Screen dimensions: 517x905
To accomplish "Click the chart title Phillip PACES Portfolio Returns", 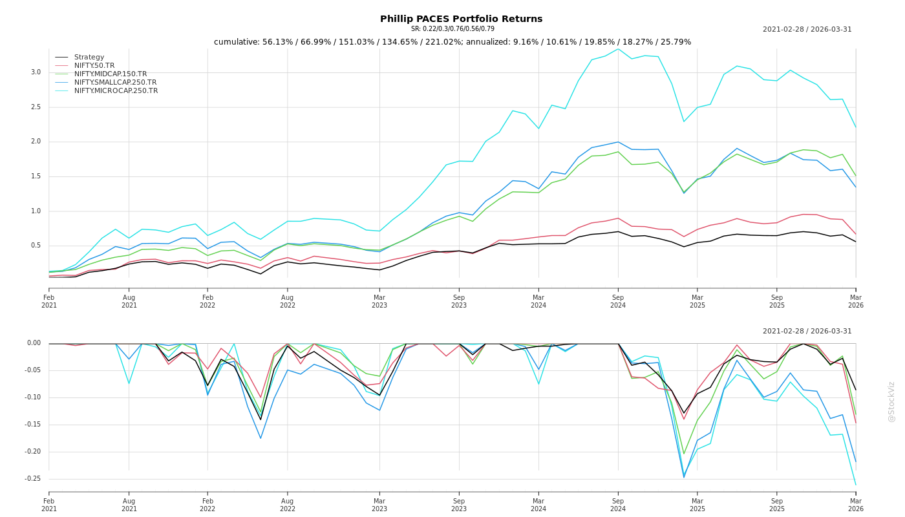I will pos(461,19).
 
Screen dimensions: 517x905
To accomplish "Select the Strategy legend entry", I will pos(89,58).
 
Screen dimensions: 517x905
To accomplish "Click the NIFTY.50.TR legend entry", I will pos(94,66).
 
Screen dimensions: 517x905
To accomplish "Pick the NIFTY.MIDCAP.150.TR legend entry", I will pos(111,74).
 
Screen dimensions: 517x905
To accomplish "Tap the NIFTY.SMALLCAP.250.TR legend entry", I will pos(115,83).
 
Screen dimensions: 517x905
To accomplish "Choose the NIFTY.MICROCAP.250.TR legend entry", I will pos(116,91).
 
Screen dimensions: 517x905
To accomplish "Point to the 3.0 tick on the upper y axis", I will pos(36,72).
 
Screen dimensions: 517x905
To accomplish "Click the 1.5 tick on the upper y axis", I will pos(36,176).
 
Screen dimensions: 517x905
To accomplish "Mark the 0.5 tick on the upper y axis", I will pos(36,246).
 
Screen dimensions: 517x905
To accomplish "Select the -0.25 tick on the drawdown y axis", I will pos(32,479).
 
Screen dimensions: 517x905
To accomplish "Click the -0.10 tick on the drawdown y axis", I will pos(32,397).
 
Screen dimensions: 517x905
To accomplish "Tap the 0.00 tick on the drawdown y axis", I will pos(34,343).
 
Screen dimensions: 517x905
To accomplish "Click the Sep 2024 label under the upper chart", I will pos(618,301).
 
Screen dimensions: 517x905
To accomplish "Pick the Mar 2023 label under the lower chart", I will pos(379,505).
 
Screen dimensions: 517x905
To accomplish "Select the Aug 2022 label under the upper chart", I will pos(288,301).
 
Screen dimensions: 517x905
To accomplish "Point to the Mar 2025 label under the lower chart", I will pos(697,505).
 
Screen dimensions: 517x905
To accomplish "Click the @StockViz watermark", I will pos(891,401).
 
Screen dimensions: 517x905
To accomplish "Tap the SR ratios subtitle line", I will pos(452,29).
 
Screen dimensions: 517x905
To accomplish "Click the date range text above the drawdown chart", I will pos(807,332).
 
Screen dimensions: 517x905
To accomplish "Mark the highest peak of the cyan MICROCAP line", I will pos(618,48).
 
